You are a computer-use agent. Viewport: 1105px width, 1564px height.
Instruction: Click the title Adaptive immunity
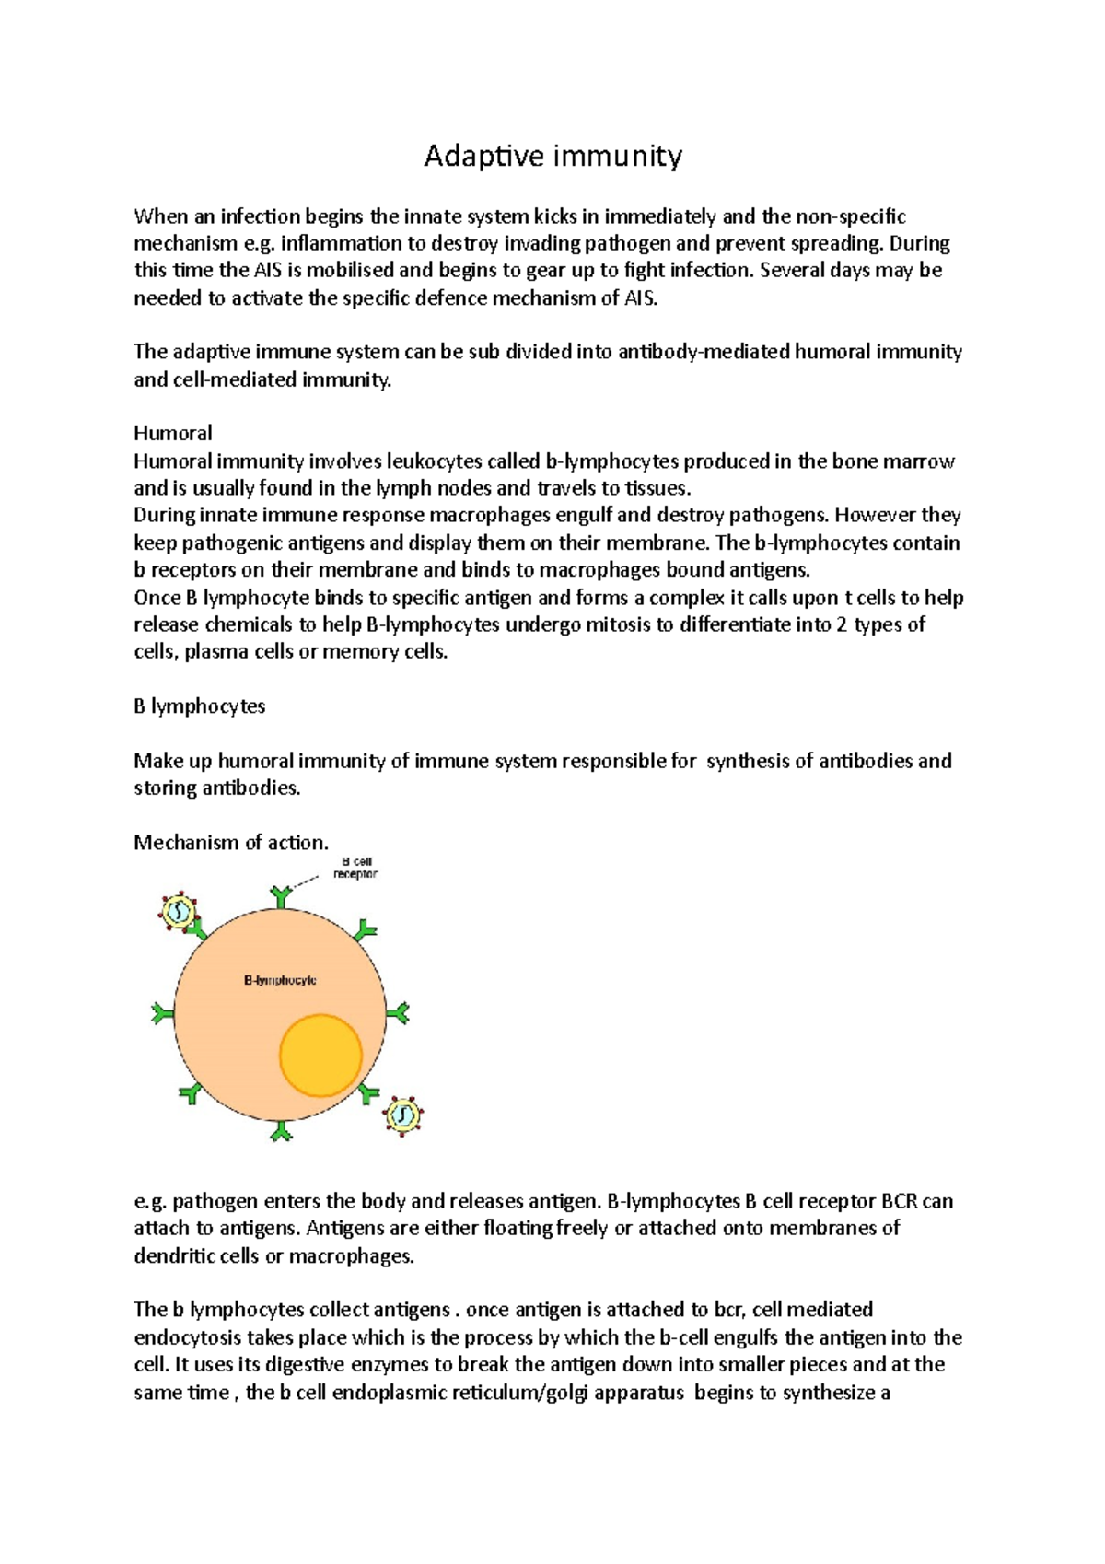[x=552, y=157]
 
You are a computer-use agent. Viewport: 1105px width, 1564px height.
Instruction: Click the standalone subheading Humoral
[x=173, y=433]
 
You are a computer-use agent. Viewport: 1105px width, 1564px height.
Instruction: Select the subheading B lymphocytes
[x=199, y=706]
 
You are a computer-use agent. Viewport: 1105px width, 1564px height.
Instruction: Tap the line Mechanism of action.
[x=231, y=842]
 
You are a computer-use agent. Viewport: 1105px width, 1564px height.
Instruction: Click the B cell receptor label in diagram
[x=355, y=868]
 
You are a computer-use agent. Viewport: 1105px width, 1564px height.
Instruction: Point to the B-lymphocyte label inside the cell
[x=280, y=980]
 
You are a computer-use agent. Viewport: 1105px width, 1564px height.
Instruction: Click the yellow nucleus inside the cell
[x=320, y=1056]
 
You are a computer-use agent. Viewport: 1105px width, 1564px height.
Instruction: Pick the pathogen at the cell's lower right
[x=403, y=1115]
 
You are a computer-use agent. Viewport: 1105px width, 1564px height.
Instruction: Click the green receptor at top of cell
[x=281, y=895]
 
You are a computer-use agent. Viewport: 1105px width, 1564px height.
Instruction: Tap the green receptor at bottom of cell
[x=281, y=1130]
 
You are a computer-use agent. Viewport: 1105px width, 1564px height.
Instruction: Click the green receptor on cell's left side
[x=163, y=1014]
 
